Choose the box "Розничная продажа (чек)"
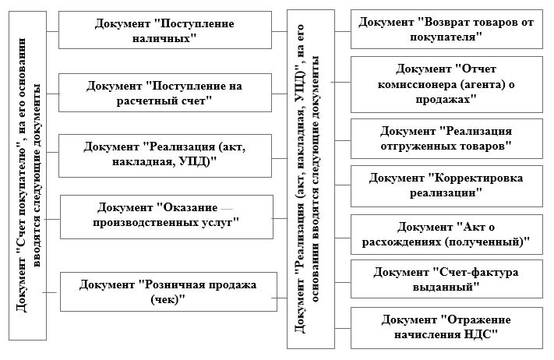(169, 291)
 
